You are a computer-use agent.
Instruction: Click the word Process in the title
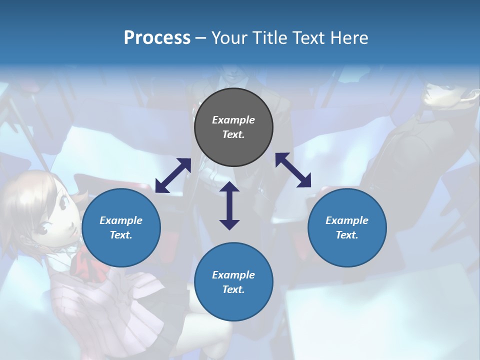157,38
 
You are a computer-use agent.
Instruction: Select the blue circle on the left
121,227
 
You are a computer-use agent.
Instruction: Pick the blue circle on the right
347,227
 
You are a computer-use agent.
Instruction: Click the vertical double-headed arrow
229,205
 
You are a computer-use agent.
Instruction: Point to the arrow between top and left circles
173,175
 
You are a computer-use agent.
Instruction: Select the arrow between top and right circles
293,170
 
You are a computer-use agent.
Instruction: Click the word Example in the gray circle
233,120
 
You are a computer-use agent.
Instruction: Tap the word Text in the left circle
121,235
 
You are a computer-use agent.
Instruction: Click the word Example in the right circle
347,220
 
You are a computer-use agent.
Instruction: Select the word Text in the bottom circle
233,289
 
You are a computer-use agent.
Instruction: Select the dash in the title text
200,38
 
